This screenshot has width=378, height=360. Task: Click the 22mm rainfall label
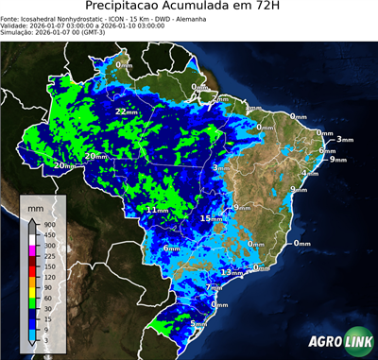[x=126, y=111]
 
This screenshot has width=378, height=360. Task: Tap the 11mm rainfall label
[x=157, y=209]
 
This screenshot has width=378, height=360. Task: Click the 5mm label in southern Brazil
[x=198, y=324]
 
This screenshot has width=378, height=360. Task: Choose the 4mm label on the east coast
[x=309, y=174]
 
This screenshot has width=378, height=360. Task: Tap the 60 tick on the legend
[x=46, y=298]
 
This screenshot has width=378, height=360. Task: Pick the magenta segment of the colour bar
[x=31, y=250]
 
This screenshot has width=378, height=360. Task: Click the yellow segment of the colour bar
[x=31, y=292]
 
